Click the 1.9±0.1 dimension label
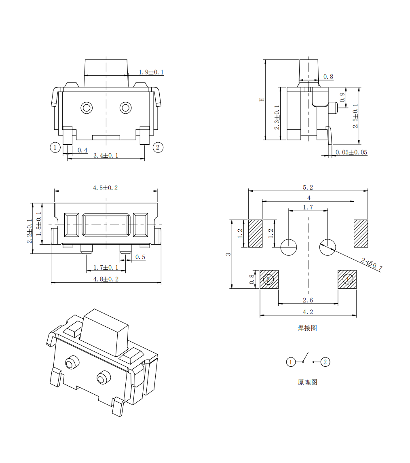click(x=151, y=72)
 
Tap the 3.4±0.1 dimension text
click(x=106, y=155)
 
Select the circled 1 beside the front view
click(x=55, y=147)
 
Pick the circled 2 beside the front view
click(x=158, y=147)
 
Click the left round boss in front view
click(x=87, y=108)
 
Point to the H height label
click(x=262, y=100)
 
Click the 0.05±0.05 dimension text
click(x=351, y=152)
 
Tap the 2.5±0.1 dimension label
click(x=355, y=116)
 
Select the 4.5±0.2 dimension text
click(x=106, y=188)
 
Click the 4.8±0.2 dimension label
click(x=106, y=279)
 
